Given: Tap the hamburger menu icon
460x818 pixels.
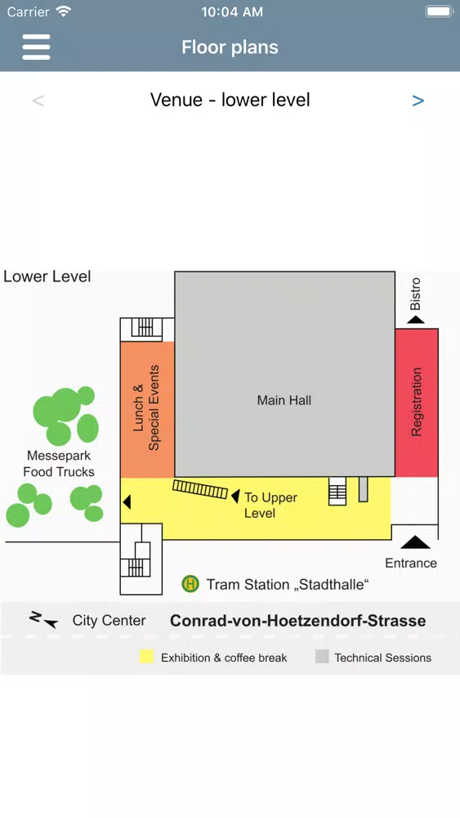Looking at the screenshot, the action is [36, 47].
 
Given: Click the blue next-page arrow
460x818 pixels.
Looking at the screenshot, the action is [418, 101].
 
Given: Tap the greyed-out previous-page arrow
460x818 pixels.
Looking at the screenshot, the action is [38, 101].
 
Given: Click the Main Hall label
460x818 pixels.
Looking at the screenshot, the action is [284, 400].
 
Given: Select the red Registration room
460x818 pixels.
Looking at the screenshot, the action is [416, 402].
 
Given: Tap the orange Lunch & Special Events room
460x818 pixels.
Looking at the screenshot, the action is [147, 410].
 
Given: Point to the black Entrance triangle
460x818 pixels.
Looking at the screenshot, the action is [415, 542].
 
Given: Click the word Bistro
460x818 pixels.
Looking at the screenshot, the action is [415, 294].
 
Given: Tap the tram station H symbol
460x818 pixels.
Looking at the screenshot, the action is [190, 584].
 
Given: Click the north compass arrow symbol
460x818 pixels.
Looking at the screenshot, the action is [43, 619].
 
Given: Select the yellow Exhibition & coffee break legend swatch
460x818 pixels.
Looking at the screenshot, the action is [147, 657].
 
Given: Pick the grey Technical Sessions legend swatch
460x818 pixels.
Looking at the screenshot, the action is [322, 657].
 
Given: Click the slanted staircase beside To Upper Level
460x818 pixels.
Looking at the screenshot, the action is [200, 489].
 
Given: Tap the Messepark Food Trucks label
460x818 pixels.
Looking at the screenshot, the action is [59, 464].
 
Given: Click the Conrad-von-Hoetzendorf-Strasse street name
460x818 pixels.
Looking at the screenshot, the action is [298, 621].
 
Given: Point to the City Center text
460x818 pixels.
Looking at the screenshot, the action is [109, 620].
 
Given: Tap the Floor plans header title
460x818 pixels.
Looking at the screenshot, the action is [230, 47].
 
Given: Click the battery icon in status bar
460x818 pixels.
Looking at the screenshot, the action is [439, 11].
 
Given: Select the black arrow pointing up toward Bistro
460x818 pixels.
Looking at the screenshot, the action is [415, 319].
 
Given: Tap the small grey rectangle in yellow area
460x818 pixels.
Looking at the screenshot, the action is [363, 489].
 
